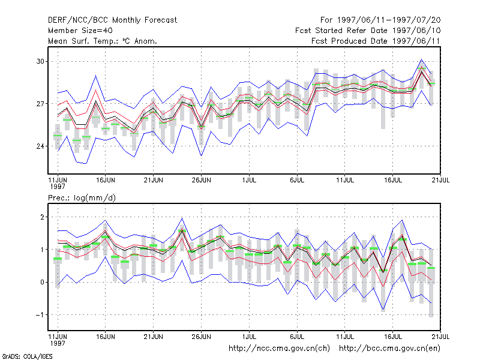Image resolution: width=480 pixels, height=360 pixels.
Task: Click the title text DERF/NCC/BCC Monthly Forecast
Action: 112,20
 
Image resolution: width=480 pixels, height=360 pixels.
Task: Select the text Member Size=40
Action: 80,31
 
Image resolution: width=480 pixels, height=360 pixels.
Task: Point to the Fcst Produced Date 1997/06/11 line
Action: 376,41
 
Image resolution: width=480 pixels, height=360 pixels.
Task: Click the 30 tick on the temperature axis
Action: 40,61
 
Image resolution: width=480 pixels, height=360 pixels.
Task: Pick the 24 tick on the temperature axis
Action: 40,146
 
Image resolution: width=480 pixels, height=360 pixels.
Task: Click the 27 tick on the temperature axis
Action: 40,104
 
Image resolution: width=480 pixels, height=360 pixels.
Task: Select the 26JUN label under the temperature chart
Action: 201,180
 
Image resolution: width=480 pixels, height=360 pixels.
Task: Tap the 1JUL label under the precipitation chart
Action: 249,337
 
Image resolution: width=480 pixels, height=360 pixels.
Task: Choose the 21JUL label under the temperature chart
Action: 440,180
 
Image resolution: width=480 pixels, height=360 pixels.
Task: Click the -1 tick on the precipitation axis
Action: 40,314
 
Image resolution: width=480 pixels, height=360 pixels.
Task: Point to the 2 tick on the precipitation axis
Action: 42,217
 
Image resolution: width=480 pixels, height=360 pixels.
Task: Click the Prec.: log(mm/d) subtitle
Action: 82,198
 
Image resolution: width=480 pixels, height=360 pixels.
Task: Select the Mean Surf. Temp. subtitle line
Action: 102,41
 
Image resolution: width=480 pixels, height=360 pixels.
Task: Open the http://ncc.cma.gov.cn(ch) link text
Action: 279,349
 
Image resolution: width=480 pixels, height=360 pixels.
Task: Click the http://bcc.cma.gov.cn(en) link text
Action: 389,349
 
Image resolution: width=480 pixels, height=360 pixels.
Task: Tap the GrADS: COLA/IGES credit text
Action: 27,356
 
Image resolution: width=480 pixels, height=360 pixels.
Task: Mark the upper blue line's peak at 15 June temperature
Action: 96,76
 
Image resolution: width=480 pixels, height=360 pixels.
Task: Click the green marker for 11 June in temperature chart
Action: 58,136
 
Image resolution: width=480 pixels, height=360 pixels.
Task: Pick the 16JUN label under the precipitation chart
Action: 106,337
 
